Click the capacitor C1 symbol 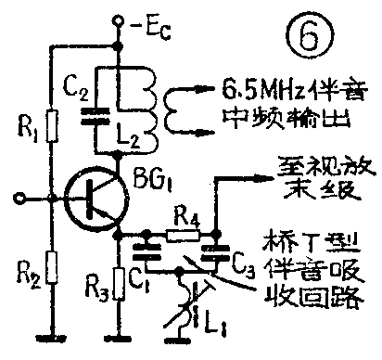pos(146,250)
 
